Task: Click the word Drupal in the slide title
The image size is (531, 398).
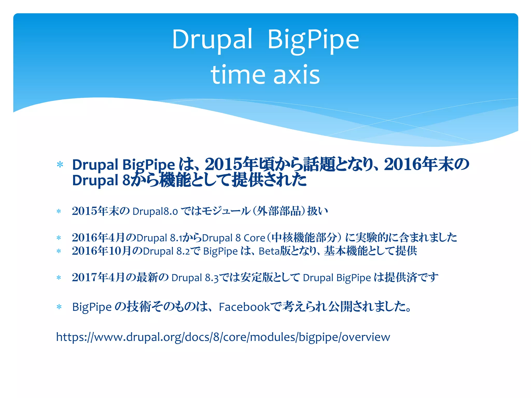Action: point(212,39)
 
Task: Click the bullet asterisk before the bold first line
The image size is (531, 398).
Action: point(60,165)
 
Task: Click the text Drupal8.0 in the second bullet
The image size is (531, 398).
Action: point(155,211)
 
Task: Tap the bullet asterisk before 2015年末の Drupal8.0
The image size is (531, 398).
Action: point(59,211)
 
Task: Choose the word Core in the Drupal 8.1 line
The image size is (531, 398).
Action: point(254,238)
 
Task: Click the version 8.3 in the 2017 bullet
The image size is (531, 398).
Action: point(212,278)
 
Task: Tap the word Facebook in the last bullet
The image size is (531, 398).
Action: point(244,307)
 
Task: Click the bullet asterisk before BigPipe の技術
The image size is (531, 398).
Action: point(59,307)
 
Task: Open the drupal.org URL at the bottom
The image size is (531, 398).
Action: point(223,337)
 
